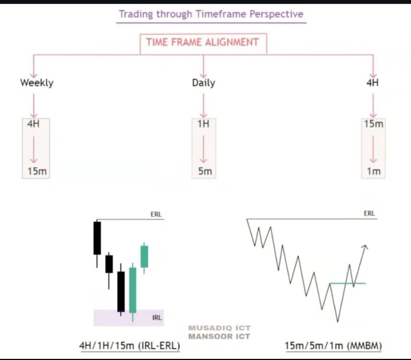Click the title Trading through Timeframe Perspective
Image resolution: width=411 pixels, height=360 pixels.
tap(210, 14)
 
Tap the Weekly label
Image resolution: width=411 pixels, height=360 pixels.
tap(36, 83)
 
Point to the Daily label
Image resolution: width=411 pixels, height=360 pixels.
tap(203, 83)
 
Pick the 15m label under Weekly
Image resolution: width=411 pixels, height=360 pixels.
tap(36, 171)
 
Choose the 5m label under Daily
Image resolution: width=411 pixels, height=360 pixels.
tap(205, 171)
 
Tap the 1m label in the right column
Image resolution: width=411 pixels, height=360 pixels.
tap(374, 171)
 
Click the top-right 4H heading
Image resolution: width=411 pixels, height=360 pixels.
tap(372, 83)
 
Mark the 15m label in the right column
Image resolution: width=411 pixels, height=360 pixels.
tap(374, 124)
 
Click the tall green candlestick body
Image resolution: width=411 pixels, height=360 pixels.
tap(133, 289)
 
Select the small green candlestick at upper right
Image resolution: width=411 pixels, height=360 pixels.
tap(144, 256)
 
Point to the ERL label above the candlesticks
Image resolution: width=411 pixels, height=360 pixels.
tap(156, 215)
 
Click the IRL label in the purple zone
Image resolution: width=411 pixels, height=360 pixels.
tap(156, 317)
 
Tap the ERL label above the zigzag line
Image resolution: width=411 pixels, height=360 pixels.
tap(369, 214)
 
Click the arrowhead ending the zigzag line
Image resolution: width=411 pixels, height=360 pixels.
tap(364, 246)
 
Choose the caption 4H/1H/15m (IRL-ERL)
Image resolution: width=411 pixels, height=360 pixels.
tap(129, 346)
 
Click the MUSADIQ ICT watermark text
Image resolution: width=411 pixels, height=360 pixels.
tap(219, 328)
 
